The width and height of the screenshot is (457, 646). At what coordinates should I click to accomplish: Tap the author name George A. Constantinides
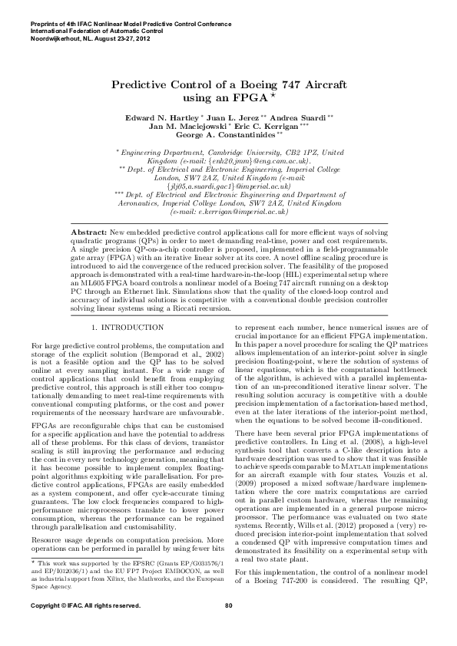coord(227,135)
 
